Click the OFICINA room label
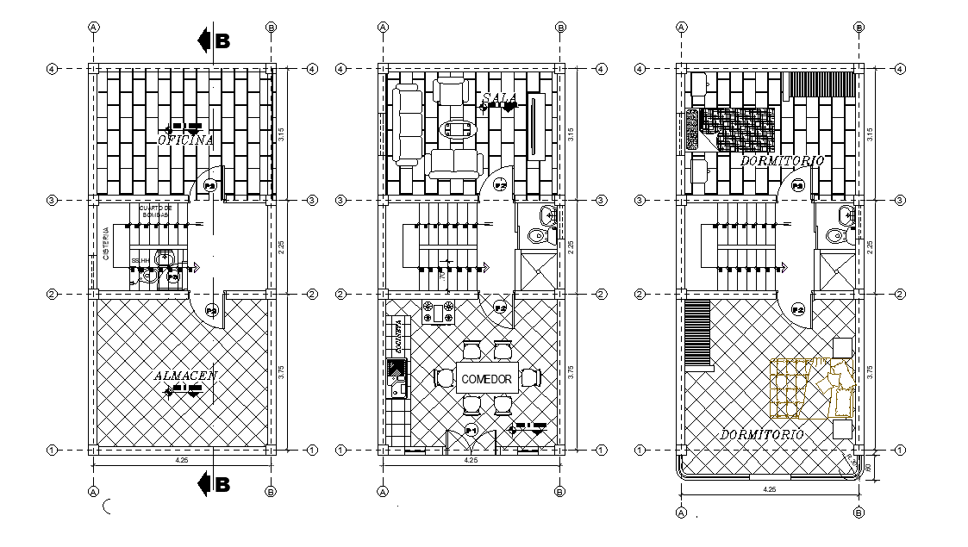[185, 139]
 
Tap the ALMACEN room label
[185, 376]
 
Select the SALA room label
[499, 97]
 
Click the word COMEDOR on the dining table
[487, 379]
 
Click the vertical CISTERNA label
[105, 244]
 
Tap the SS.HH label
[141, 260]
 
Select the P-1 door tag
[472, 430]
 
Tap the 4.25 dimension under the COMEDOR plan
[471, 460]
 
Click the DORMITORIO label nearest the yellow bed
[762, 434]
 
